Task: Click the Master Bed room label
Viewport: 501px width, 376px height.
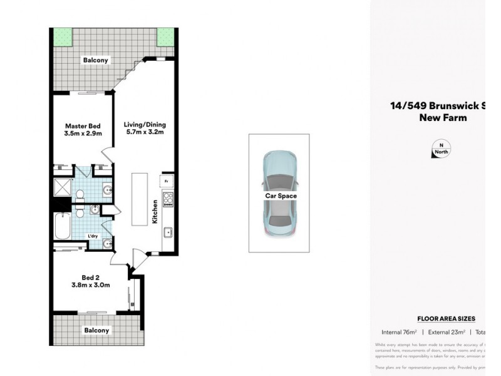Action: (82, 130)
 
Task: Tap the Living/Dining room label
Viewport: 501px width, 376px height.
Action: (145, 128)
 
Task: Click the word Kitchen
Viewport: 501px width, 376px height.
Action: (154, 213)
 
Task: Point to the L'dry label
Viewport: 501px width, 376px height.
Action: (93, 236)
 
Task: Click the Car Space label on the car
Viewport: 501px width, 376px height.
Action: (281, 196)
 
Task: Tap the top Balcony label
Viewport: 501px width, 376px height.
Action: (96, 61)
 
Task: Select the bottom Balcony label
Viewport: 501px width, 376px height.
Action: (96, 330)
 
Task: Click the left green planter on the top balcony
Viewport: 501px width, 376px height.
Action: (62, 37)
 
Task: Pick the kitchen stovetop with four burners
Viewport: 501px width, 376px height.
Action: (168, 200)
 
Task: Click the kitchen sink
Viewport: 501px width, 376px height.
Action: (168, 233)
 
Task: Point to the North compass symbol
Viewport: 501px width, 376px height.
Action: (442, 150)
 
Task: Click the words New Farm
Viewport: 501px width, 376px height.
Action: (442, 117)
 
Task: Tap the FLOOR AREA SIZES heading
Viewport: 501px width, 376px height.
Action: (446, 319)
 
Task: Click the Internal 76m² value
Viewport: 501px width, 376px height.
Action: (400, 332)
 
